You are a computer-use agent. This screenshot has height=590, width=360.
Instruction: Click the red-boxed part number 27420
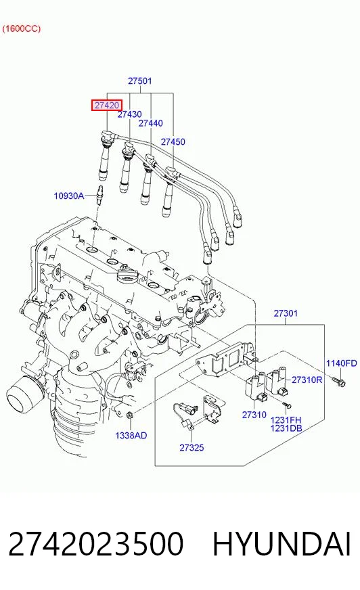coord(107,106)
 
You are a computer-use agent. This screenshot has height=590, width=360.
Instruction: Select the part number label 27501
coord(140,81)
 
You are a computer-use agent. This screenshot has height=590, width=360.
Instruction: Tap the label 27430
coord(130,114)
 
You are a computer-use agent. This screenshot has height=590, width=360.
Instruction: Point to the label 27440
coord(151,123)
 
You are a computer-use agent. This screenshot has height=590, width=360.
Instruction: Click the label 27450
coord(173,142)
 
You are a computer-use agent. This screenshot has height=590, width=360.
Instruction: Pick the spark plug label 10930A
coord(69,196)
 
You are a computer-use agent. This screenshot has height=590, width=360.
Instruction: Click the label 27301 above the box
coord(286,313)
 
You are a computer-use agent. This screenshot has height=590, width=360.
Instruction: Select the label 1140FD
coord(341,363)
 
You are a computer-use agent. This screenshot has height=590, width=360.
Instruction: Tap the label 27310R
coord(307,380)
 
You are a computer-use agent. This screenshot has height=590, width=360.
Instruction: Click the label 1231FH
coord(286,420)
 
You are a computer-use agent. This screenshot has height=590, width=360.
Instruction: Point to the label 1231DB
coord(286,428)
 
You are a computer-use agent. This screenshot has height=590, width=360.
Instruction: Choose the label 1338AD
coord(131,436)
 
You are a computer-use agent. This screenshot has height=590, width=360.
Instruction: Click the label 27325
coord(192,448)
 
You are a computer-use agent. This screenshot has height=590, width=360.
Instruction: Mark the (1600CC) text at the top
coord(22,28)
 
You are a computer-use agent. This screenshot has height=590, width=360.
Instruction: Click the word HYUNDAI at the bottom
coord(282,544)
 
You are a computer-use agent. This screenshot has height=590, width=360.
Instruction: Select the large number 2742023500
coord(96,544)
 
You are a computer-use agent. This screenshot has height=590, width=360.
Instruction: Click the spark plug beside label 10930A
coord(100,195)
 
